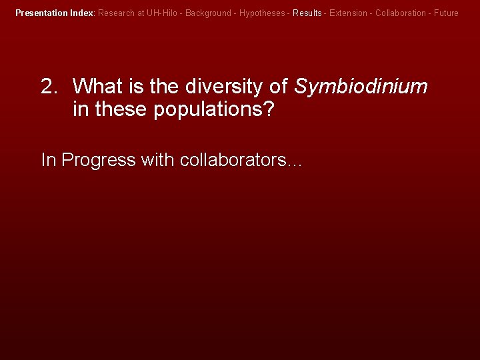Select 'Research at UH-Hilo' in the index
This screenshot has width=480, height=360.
click(138, 13)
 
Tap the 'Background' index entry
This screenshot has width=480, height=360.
click(208, 13)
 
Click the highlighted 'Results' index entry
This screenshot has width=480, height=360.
click(307, 13)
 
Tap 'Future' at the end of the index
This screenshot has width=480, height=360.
click(445, 13)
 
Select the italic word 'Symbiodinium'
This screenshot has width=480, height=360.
click(361, 87)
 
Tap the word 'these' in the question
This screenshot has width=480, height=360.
click(122, 109)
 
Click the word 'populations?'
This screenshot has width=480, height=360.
click(213, 109)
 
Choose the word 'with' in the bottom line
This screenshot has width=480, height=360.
click(158, 160)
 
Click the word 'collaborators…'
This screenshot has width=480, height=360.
click(241, 160)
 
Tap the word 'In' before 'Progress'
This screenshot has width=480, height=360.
click(48, 160)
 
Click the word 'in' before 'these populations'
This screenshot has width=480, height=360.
click(80, 109)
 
